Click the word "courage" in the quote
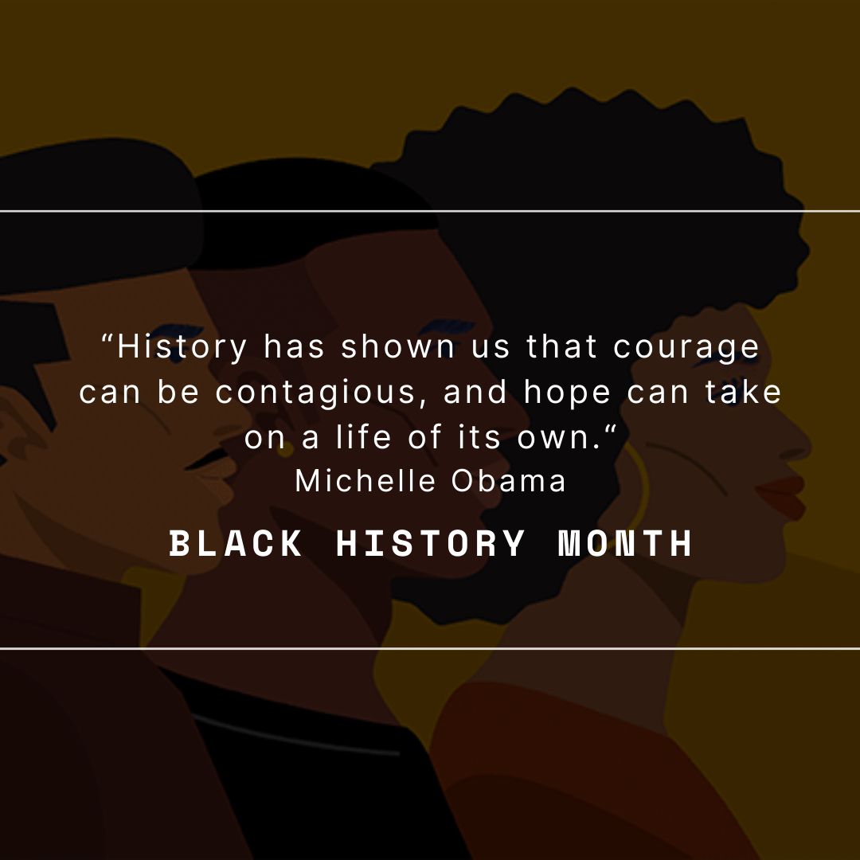686,347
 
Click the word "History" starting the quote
183,347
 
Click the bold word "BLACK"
236,544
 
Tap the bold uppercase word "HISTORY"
431,544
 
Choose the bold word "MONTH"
625,544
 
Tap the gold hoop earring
642,478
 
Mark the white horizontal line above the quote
430,211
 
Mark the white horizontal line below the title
430,648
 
